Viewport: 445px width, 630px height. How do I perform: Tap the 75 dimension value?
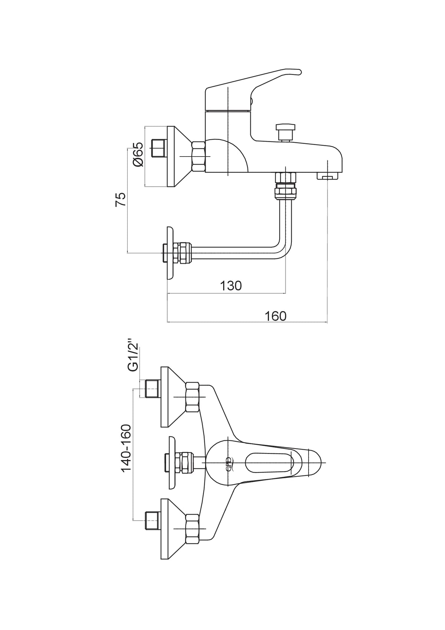120,200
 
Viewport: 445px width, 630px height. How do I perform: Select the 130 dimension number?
231,286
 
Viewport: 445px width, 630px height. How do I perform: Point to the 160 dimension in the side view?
276,316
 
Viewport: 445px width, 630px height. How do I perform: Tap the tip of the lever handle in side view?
300,72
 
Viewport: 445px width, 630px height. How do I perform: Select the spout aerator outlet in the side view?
328,176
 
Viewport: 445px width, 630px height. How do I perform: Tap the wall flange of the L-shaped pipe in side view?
170,253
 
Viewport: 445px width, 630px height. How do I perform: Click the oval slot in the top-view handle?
270,467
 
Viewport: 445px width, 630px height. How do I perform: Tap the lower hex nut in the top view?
192,537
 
